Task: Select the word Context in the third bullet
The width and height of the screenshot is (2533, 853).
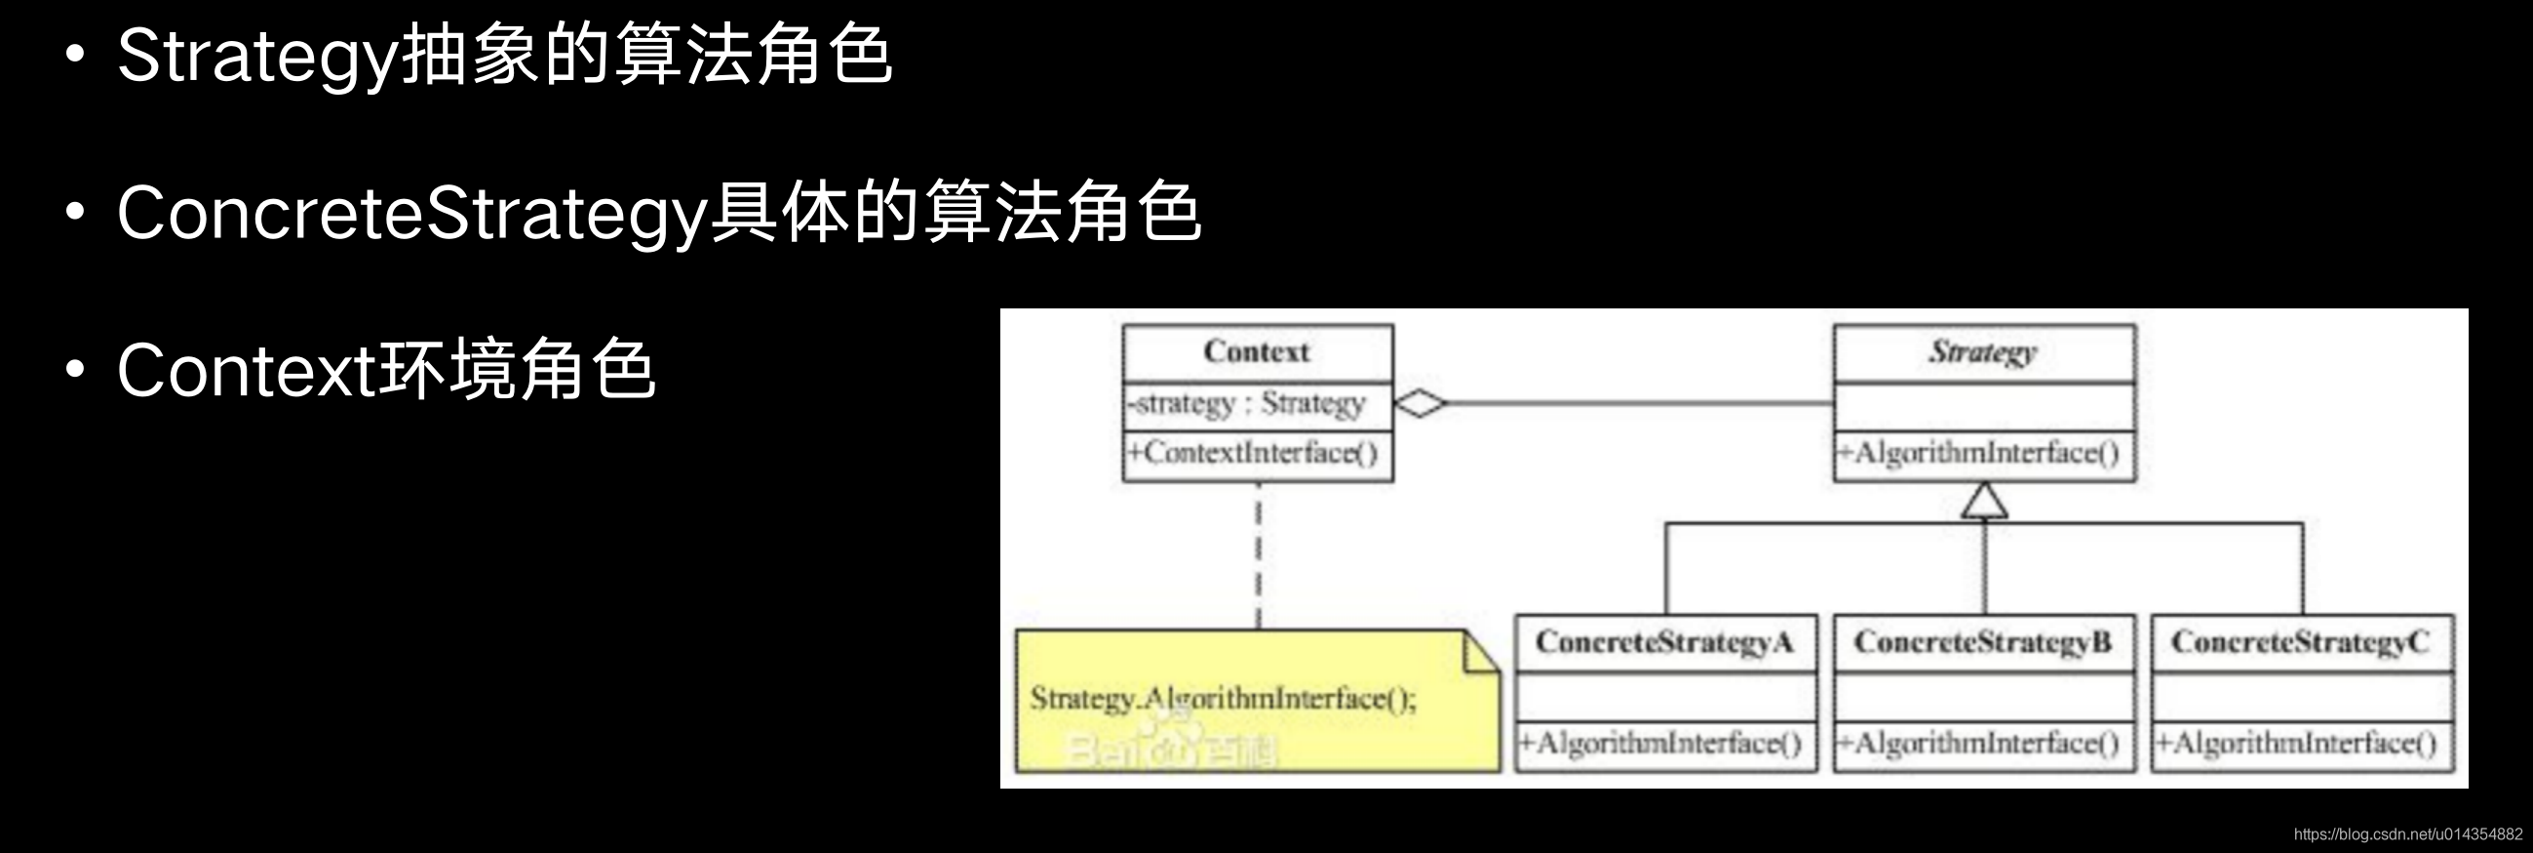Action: pos(246,372)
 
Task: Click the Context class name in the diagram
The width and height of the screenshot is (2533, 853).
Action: pos(1257,352)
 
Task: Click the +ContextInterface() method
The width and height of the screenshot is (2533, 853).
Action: pos(1253,454)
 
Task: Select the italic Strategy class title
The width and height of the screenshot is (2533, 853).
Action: pos(1982,352)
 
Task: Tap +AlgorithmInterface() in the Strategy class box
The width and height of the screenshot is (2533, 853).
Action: pos(1978,454)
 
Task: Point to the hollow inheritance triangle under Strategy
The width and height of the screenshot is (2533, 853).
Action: pos(1984,501)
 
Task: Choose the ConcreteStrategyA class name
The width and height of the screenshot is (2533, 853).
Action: pos(1664,642)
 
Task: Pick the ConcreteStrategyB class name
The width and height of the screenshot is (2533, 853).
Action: pos(1982,642)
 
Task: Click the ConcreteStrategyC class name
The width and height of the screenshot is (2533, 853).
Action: pos(2300,642)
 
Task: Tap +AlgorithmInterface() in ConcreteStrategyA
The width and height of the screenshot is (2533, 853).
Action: pos(1660,743)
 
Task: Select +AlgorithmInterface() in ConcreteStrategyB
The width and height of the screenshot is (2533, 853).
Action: pos(1978,743)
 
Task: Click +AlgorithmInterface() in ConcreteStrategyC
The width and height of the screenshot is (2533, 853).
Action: pos(2296,743)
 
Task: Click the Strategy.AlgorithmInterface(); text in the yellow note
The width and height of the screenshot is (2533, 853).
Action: pos(1224,699)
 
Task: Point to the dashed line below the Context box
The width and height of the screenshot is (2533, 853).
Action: pos(1259,556)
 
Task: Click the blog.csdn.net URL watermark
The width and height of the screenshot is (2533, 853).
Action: pos(2407,834)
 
